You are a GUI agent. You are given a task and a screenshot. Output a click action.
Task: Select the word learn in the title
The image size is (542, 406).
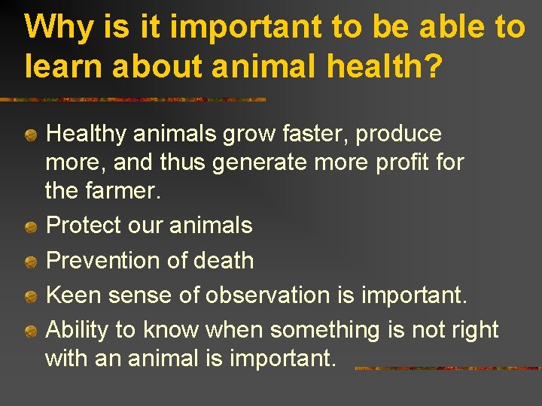coord(59,65)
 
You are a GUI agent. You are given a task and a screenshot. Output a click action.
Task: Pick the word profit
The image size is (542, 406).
coord(397,162)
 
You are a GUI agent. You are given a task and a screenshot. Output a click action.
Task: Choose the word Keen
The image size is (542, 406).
coord(75,295)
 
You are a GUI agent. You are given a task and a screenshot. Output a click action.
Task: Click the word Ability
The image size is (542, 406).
coord(79,330)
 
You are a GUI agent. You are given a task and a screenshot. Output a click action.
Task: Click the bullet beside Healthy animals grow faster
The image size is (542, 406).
coord(30,136)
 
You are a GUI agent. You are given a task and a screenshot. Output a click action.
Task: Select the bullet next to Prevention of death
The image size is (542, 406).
coord(30,262)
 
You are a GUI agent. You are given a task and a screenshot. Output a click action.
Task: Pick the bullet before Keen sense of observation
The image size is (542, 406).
coord(30,296)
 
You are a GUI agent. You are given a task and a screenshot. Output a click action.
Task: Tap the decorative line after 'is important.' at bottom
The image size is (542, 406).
coord(447,368)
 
